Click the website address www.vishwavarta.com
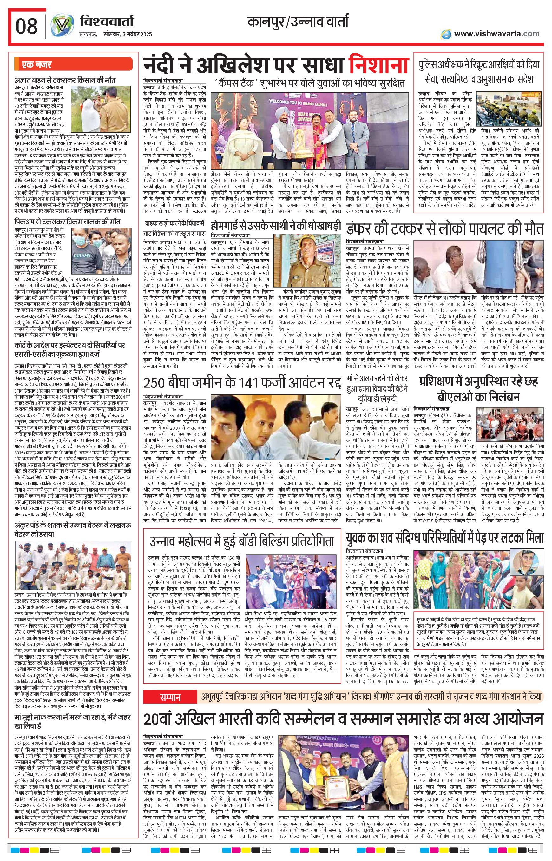click(496, 34)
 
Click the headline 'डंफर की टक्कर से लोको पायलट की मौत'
click(445, 229)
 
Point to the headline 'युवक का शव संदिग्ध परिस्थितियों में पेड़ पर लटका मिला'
click(445, 538)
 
